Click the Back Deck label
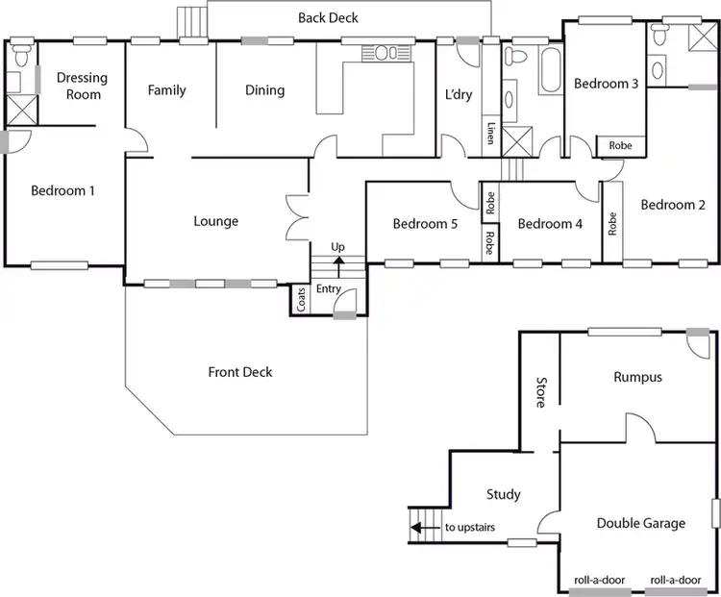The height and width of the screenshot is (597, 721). click(329, 18)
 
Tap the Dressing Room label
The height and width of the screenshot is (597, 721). click(82, 87)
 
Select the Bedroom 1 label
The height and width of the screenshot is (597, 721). click(62, 190)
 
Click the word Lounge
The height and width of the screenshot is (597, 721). click(215, 221)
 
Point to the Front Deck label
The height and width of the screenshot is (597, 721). click(240, 372)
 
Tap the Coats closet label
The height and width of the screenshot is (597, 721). click(302, 300)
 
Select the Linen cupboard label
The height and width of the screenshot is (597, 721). click(490, 135)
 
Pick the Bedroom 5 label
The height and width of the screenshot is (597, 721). click(425, 224)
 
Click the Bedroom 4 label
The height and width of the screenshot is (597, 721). click(550, 224)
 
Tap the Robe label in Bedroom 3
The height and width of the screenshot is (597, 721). click(620, 146)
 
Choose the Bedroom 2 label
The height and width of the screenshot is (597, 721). click(673, 205)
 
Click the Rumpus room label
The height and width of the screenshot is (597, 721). click(637, 377)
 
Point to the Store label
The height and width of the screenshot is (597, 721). click(539, 392)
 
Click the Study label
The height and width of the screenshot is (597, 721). click(503, 494)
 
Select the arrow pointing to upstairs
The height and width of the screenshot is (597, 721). click(418, 527)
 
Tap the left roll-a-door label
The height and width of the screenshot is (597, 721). click(596, 581)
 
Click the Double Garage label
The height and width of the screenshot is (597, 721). click(641, 523)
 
